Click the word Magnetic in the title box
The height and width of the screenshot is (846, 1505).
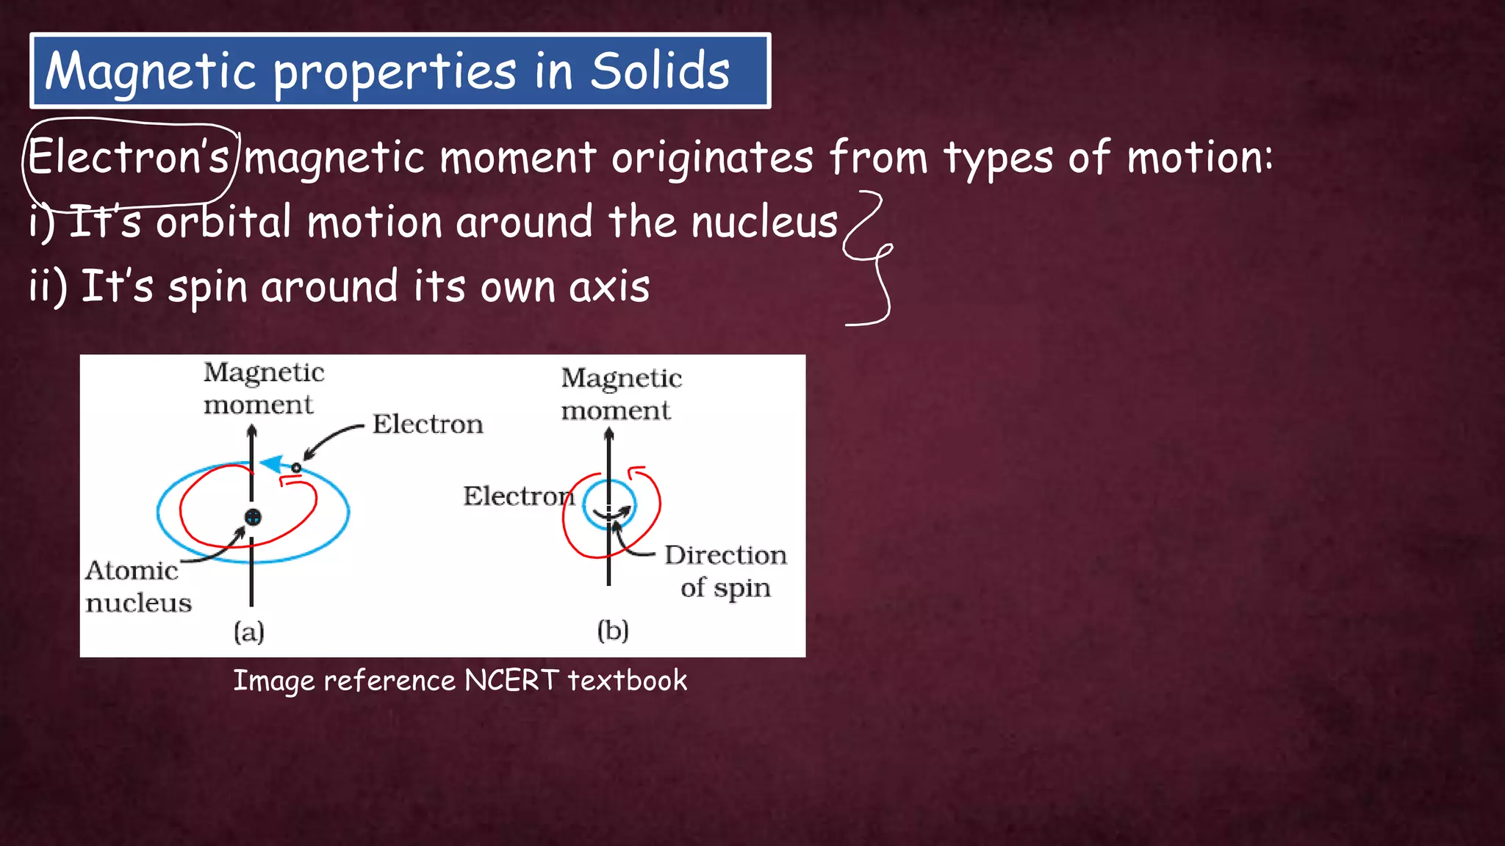tap(151, 73)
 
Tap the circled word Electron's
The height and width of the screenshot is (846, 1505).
tap(129, 157)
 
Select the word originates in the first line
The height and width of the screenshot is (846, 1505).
tap(712, 158)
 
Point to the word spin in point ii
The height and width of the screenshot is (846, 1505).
tap(207, 287)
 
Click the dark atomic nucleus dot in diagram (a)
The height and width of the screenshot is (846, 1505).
tap(253, 517)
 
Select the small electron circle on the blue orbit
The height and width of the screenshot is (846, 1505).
tap(296, 468)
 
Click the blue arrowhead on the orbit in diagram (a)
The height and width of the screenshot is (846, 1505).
tap(272, 463)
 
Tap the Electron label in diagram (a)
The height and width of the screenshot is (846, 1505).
tap(428, 424)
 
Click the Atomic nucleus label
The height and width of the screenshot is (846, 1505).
tap(137, 586)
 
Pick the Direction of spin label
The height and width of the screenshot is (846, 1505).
tap(725, 571)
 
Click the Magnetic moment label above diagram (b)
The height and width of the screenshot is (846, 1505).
tap(621, 394)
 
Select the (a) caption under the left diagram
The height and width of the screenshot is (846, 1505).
tap(249, 632)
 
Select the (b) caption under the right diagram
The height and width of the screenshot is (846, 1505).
tap(613, 630)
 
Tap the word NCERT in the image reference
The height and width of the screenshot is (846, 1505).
tap(511, 681)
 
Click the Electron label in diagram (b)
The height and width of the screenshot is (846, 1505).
tap(517, 496)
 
